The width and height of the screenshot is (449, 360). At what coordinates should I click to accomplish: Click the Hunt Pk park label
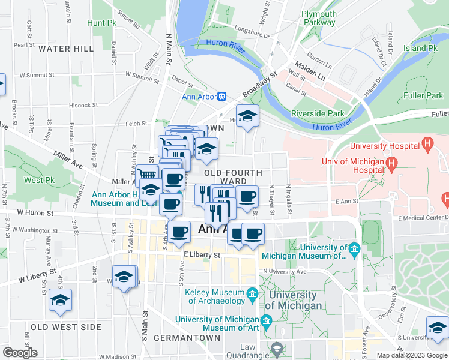tap(101, 23)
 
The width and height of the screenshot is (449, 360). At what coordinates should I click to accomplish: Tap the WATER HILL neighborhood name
tap(66, 48)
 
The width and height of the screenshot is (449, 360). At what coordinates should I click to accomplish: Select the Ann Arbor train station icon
tap(221, 96)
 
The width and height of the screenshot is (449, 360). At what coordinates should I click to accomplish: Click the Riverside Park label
tap(318, 113)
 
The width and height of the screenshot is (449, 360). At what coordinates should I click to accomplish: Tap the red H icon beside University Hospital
tap(427, 144)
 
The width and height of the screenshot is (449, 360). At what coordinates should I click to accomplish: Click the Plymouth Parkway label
tap(319, 18)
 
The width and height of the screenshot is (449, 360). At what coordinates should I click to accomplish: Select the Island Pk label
tap(420, 48)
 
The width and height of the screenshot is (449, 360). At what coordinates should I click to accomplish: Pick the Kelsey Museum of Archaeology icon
tap(252, 293)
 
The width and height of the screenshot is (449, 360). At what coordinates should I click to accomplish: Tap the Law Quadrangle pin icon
tap(277, 349)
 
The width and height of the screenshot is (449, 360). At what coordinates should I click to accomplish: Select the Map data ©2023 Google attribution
tap(411, 355)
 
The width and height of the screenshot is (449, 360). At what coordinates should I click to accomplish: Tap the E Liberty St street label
tap(202, 255)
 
